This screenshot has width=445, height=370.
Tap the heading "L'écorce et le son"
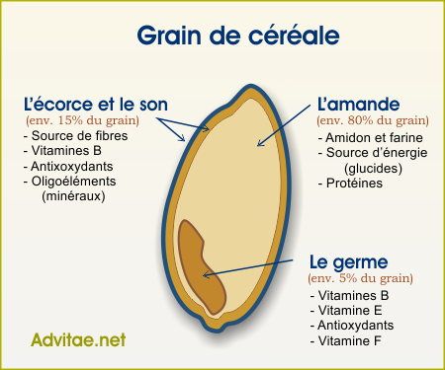pos(95,104)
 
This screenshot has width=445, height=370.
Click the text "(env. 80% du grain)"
pos(364,119)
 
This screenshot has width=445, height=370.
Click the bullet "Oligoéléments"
pos(73,182)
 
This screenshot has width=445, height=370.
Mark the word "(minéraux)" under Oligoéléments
pos(74,196)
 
